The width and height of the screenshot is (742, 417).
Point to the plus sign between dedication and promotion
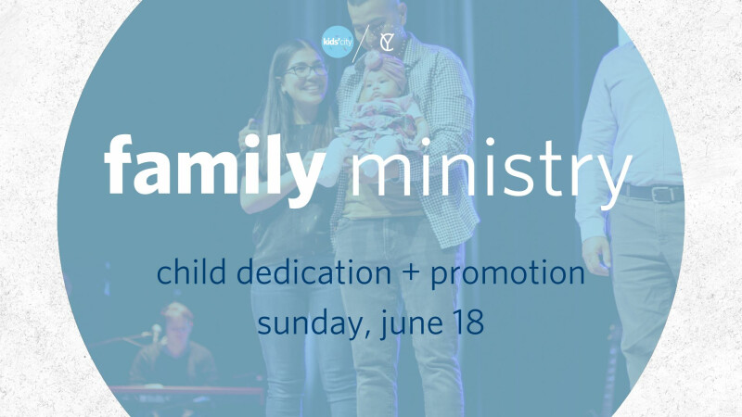(x=411, y=273)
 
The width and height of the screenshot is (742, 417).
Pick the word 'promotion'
(x=507, y=274)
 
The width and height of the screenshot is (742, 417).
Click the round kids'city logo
(x=338, y=42)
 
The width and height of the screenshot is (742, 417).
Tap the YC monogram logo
(x=388, y=42)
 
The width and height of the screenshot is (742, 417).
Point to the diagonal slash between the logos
(x=361, y=43)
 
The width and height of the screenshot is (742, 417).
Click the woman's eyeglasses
(x=306, y=71)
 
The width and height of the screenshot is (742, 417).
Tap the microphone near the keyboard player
(x=155, y=331)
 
